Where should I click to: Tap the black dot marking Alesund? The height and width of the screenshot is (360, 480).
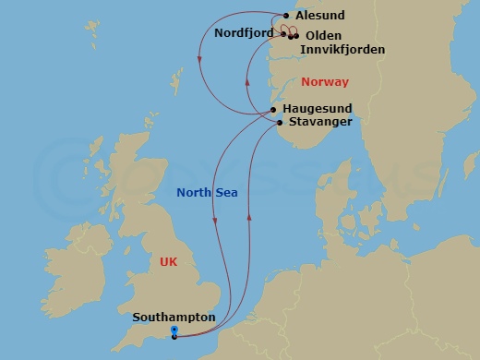[287, 16]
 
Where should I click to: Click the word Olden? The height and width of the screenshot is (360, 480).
[322, 36]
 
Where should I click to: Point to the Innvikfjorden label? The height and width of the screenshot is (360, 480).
[342, 49]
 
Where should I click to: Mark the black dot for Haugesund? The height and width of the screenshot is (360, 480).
[274, 110]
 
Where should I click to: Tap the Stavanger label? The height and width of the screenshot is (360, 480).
[319, 122]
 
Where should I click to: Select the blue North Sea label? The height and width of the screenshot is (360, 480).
[208, 193]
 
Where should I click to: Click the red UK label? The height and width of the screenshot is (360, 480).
[168, 262]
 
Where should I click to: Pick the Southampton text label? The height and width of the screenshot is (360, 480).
[174, 318]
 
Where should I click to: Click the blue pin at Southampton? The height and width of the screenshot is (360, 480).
[174, 330]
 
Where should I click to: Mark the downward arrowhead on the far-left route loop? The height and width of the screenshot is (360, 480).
[200, 61]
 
